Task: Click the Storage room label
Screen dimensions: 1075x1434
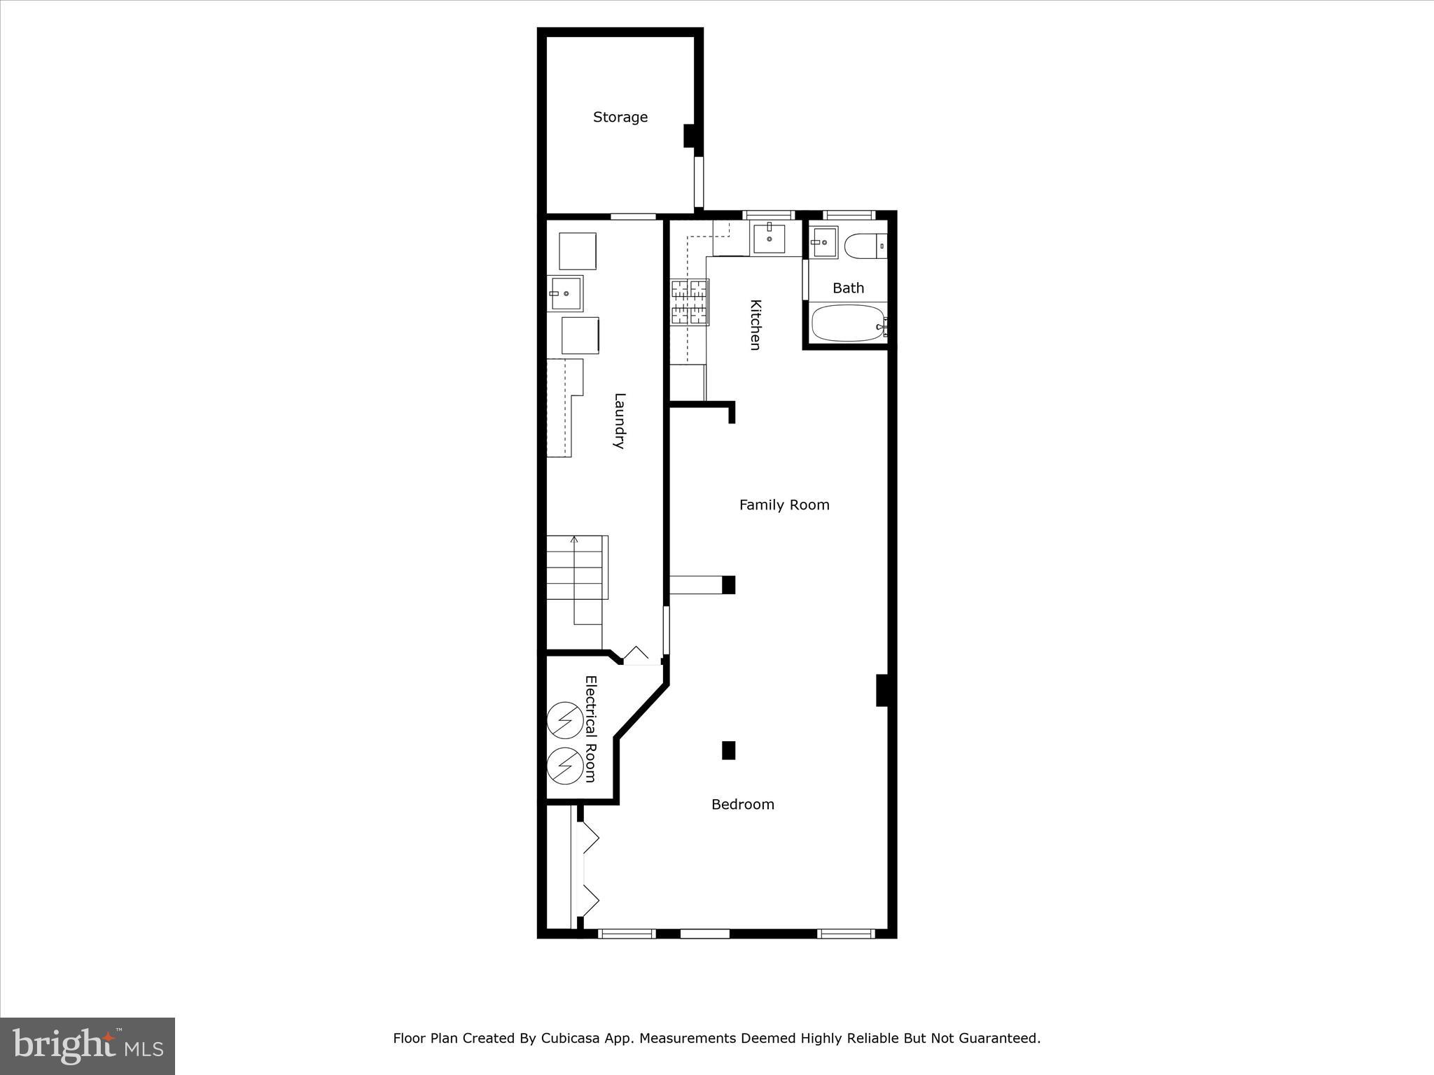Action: pos(620,118)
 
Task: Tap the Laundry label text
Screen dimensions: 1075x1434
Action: pos(619,421)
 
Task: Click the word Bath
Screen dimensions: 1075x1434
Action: pos(848,288)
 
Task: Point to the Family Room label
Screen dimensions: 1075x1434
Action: pos(784,505)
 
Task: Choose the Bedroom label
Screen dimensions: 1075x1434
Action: pos(742,805)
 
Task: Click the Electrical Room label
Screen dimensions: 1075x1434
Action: pos(590,729)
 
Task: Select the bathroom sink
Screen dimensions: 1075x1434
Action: pos(824,242)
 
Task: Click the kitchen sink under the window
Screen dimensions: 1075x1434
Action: pos(769,239)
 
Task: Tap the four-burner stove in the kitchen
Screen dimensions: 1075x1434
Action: pos(690,302)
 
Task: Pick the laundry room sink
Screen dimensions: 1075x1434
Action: pos(565,293)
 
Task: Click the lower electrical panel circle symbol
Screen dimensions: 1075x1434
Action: pos(564,766)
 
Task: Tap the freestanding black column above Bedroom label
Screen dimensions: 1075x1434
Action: pos(728,750)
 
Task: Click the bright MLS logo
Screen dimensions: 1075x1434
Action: pos(88,1046)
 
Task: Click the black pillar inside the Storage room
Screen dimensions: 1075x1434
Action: pos(690,136)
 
